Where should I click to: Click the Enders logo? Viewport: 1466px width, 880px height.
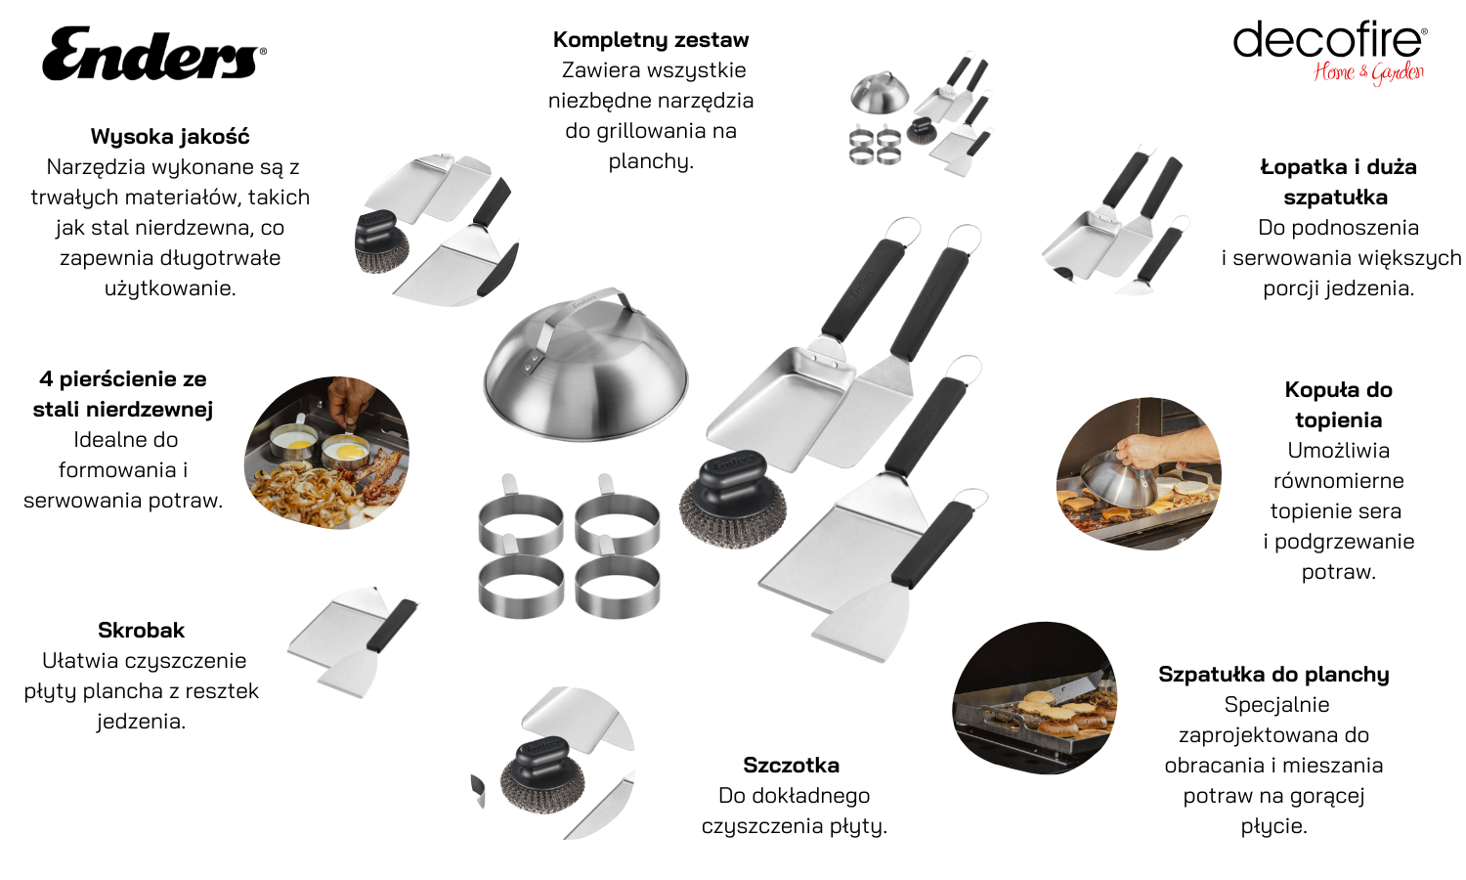(154, 53)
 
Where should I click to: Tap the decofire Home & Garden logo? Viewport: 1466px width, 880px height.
(1330, 53)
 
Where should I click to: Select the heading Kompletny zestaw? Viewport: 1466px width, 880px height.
(651, 39)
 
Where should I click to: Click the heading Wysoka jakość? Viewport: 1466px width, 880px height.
(170, 136)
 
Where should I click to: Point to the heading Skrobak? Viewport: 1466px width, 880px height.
(142, 630)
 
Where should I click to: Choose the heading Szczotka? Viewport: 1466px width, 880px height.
(792, 765)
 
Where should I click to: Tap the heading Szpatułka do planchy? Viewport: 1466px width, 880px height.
(1273, 675)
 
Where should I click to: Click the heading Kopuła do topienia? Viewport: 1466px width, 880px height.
(1338, 405)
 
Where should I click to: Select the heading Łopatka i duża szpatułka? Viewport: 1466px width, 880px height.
(1338, 182)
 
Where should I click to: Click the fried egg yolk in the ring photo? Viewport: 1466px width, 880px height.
(349, 451)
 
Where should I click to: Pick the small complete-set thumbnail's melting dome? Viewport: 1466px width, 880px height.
(881, 93)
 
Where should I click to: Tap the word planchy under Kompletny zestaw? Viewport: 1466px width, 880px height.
(651, 161)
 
